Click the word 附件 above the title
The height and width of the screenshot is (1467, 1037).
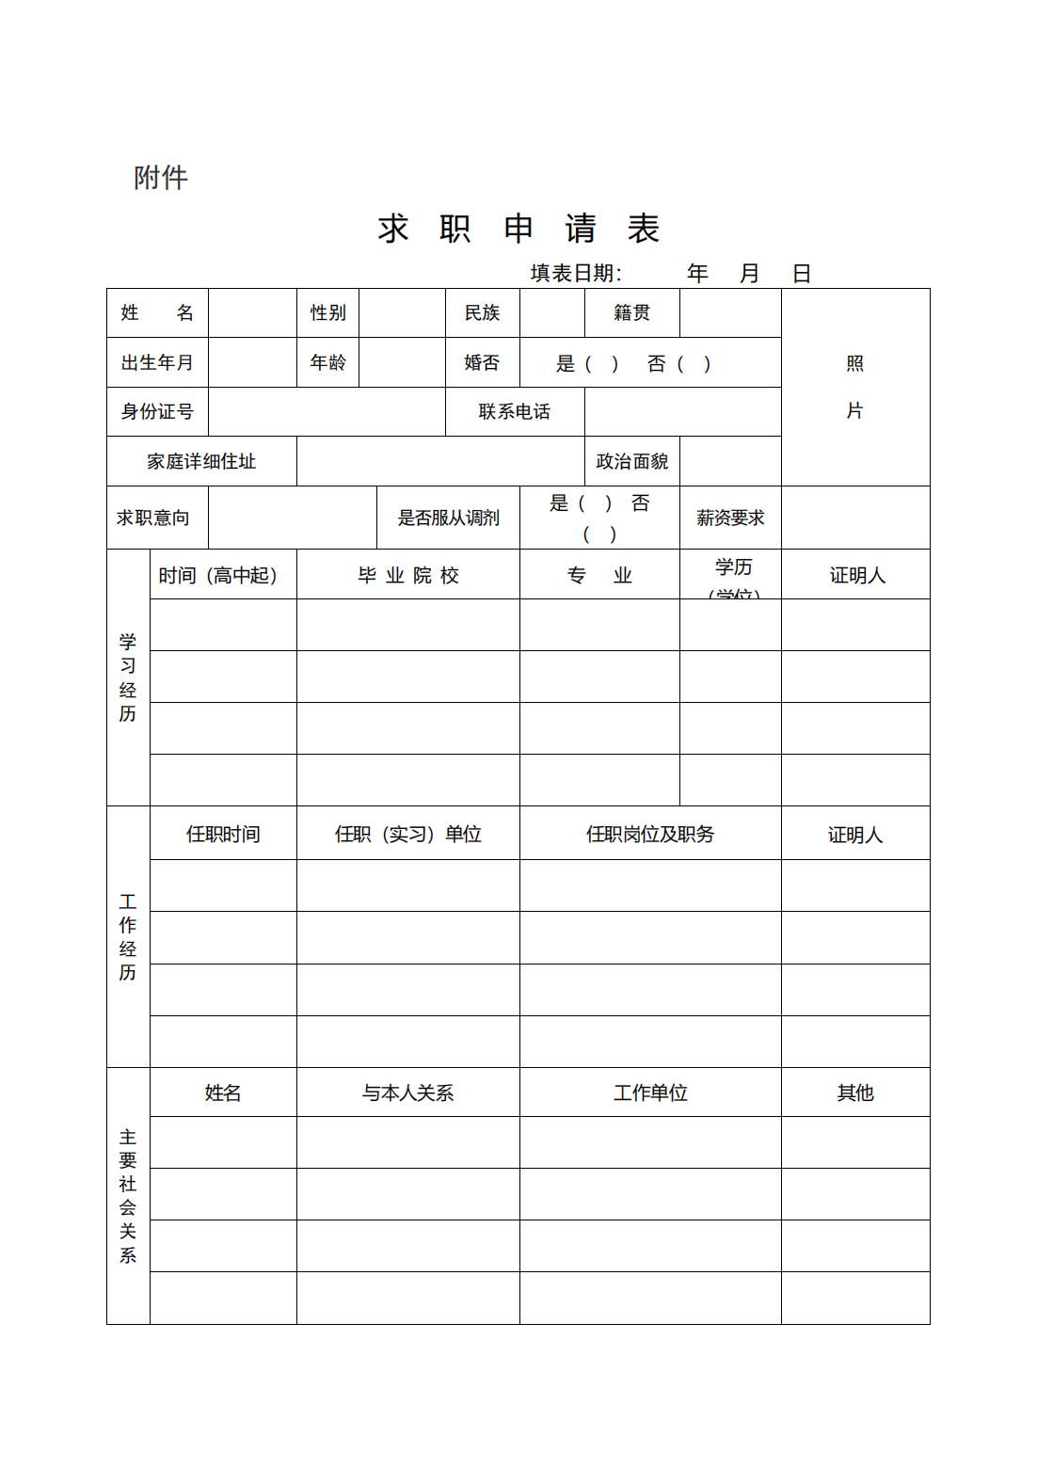click(x=161, y=177)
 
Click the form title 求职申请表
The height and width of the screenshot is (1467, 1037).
click(x=518, y=229)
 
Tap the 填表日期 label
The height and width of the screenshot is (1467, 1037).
click(x=575, y=274)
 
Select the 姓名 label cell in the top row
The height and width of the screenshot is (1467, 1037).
click(x=157, y=312)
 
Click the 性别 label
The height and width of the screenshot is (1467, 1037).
click(x=327, y=312)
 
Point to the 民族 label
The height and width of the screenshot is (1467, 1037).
click(x=482, y=312)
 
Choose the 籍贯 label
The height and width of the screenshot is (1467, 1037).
click(x=631, y=312)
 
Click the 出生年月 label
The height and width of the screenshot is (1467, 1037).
click(x=157, y=362)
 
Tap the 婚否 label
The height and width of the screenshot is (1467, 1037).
click(x=482, y=362)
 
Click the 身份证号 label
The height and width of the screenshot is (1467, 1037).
click(x=157, y=411)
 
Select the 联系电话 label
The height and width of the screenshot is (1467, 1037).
click(x=514, y=411)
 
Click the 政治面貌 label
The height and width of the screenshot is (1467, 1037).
click(x=631, y=461)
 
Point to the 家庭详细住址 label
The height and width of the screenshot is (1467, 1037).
click(x=201, y=461)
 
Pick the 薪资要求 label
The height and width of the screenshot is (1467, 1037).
click(x=730, y=518)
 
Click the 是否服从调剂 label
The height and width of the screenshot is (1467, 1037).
click(x=448, y=518)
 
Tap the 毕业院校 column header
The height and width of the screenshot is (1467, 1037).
click(x=407, y=575)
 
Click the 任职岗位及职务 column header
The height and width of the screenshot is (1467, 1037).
click(x=649, y=834)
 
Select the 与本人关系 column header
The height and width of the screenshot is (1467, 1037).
click(x=407, y=1092)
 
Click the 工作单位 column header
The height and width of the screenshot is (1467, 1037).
click(x=649, y=1092)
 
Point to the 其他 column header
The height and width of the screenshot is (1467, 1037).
click(x=854, y=1092)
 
